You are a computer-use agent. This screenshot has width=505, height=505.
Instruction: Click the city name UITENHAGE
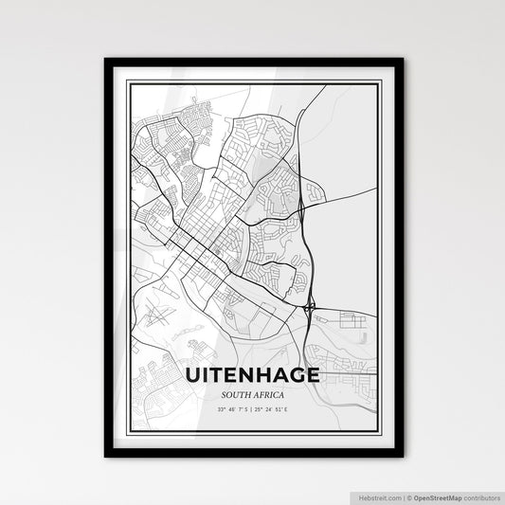[x=253, y=376]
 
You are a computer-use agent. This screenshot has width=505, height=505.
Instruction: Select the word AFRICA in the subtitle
[x=271, y=395]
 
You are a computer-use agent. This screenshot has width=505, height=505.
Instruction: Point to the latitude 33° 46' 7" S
[x=232, y=409]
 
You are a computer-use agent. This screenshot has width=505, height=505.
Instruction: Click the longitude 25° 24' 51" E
[x=275, y=409]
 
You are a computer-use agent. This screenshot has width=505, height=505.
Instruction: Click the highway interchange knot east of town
[x=311, y=307]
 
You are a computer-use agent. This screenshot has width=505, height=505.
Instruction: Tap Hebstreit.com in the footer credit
[x=377, y=496]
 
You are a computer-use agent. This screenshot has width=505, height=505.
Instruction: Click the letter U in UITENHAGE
[x=194, y=376]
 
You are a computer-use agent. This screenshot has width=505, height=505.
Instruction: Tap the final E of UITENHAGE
[x=313, y=376]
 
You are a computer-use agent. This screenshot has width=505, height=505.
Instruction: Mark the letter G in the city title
[x=296, y=376]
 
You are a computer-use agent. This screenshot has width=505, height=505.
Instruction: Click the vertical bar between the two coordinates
[x=253, y=409]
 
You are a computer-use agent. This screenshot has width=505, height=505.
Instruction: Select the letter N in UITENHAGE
[x=243, y=376]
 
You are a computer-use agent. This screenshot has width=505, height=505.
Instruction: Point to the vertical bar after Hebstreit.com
[x=403, y=496]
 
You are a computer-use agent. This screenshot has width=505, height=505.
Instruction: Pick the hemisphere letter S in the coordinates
[x=248, y=409]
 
